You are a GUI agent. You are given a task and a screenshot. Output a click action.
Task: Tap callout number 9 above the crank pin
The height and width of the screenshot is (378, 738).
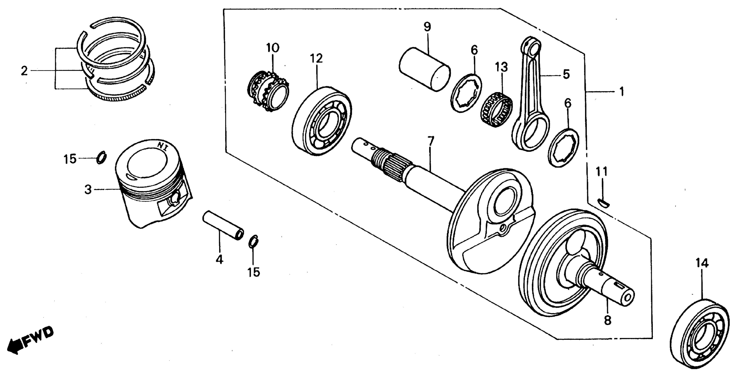coord(427,27)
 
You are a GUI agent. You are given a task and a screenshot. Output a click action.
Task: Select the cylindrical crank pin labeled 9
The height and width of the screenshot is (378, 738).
coord(424,70)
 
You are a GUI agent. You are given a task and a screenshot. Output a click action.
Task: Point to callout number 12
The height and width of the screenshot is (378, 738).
coord(316,59)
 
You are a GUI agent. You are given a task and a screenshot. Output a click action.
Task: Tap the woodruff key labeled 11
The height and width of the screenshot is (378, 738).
coord(604,203)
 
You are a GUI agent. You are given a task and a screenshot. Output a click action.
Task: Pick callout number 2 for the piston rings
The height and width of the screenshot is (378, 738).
coord(24,70)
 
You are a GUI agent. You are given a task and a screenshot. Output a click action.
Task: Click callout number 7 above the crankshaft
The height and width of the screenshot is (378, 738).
coord(431,141)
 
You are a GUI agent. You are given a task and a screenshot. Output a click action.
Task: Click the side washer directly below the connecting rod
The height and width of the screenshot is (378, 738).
coord(563,148)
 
